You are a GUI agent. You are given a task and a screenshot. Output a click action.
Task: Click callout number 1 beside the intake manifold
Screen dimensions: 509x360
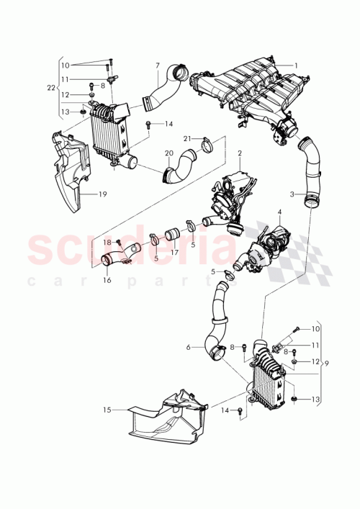click(295, 65)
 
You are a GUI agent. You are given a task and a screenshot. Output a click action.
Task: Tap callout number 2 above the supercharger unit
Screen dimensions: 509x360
click(240, 153)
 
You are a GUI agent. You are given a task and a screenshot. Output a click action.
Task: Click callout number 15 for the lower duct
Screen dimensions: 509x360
click(107, 410)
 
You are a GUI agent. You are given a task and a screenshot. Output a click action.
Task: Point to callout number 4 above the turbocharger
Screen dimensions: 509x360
click(278, 212)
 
